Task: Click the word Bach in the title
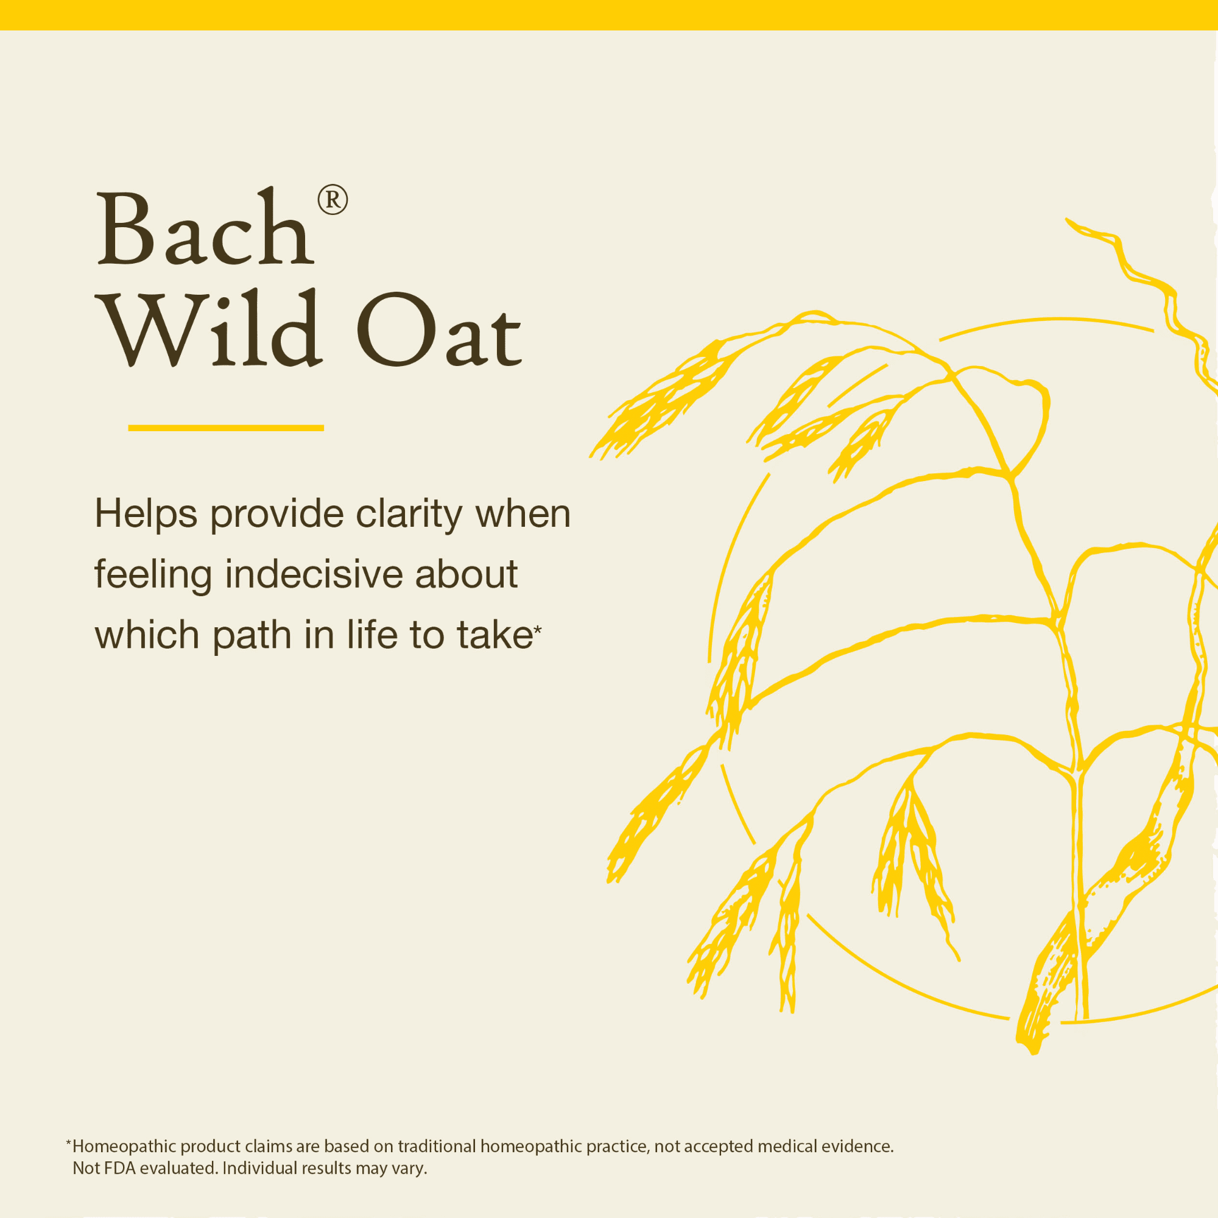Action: [205, 227]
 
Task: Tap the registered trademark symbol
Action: [333, 200]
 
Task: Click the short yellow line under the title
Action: [226, 428]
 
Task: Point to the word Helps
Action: [146, 514]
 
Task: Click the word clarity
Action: [409, 515]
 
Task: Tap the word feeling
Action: [153, 576]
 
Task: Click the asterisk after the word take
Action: [537, 629]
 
